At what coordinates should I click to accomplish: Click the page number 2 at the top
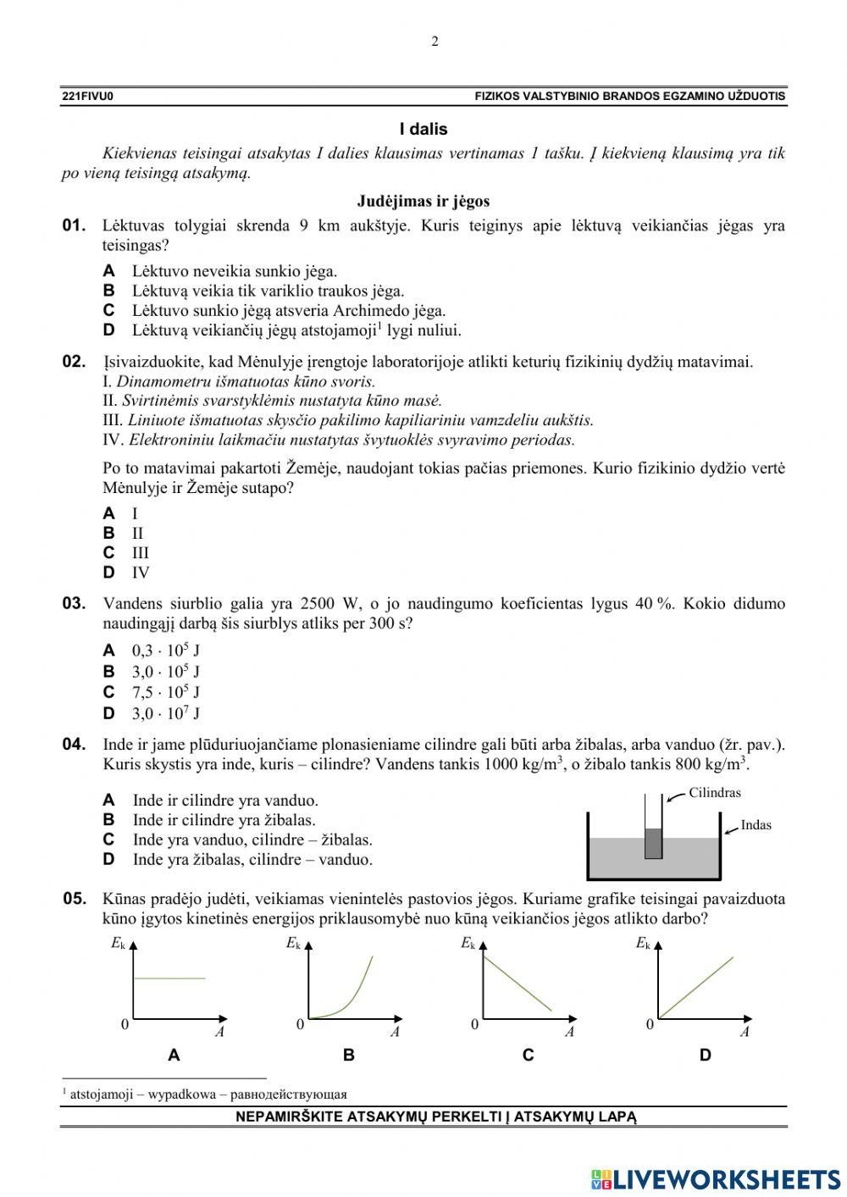435,42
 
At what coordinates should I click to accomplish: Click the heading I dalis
423,130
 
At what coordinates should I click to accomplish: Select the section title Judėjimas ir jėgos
423,202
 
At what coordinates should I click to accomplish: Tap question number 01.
75,225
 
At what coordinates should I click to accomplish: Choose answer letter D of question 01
109,330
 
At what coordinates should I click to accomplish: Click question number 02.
75,362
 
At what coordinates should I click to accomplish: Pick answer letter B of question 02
109,533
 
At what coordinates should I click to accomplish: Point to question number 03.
75,604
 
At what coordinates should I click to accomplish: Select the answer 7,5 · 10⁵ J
165,692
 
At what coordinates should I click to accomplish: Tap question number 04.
75,745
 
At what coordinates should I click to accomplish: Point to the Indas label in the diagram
756,824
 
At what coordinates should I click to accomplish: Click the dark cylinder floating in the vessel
653,843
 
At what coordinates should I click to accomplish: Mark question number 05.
75,899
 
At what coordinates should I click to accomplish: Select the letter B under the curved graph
348,1056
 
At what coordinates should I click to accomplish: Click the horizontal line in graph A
170,978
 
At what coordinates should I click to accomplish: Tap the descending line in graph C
517,983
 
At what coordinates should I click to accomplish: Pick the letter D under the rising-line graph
706,1056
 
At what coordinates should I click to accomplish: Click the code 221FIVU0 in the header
87,97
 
